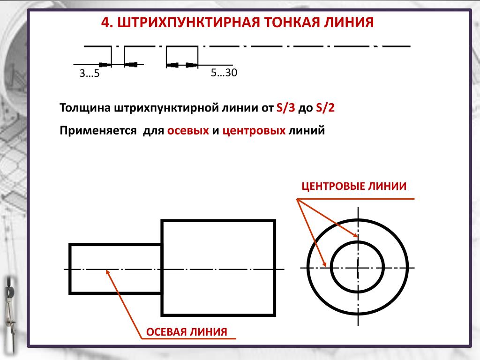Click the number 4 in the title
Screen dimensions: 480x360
pyautogui.click(x=106, y=22)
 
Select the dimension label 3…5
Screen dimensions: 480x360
pyautogui.click(x=90, y=74)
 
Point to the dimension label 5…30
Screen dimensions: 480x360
pyautogui.click(x=224, y=73)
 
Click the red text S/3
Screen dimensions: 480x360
pyautogui.click(x=285, y=108)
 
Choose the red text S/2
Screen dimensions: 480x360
pyautogui.click(x=325, y=108)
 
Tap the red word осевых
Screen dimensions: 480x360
pyautogui.click(x=188, y=131)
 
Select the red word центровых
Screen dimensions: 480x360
pyautogui.click(x=254, y=131)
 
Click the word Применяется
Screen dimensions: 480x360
pyautogui.click(x=98, y=131)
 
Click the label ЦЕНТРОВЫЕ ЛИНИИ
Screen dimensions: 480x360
pyautogui.click(x=354, y=186)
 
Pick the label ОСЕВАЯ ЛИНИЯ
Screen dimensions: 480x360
pyautogui.click(x=187, y=332)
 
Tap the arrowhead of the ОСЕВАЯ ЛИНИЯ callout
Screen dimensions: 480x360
pyautogui.click(x=107, y=270)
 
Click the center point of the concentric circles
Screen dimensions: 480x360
pyautogui.click(x=358, y=268)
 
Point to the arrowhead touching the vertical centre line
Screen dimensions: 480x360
pyautogui.click(x=356, y=235)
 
